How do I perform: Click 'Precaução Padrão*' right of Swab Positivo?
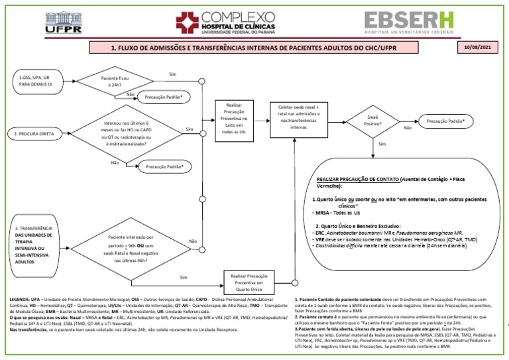[x=445, y=121]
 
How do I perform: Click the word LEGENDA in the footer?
[x=20, y=300]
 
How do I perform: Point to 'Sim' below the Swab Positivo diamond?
[x=382, y=143]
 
